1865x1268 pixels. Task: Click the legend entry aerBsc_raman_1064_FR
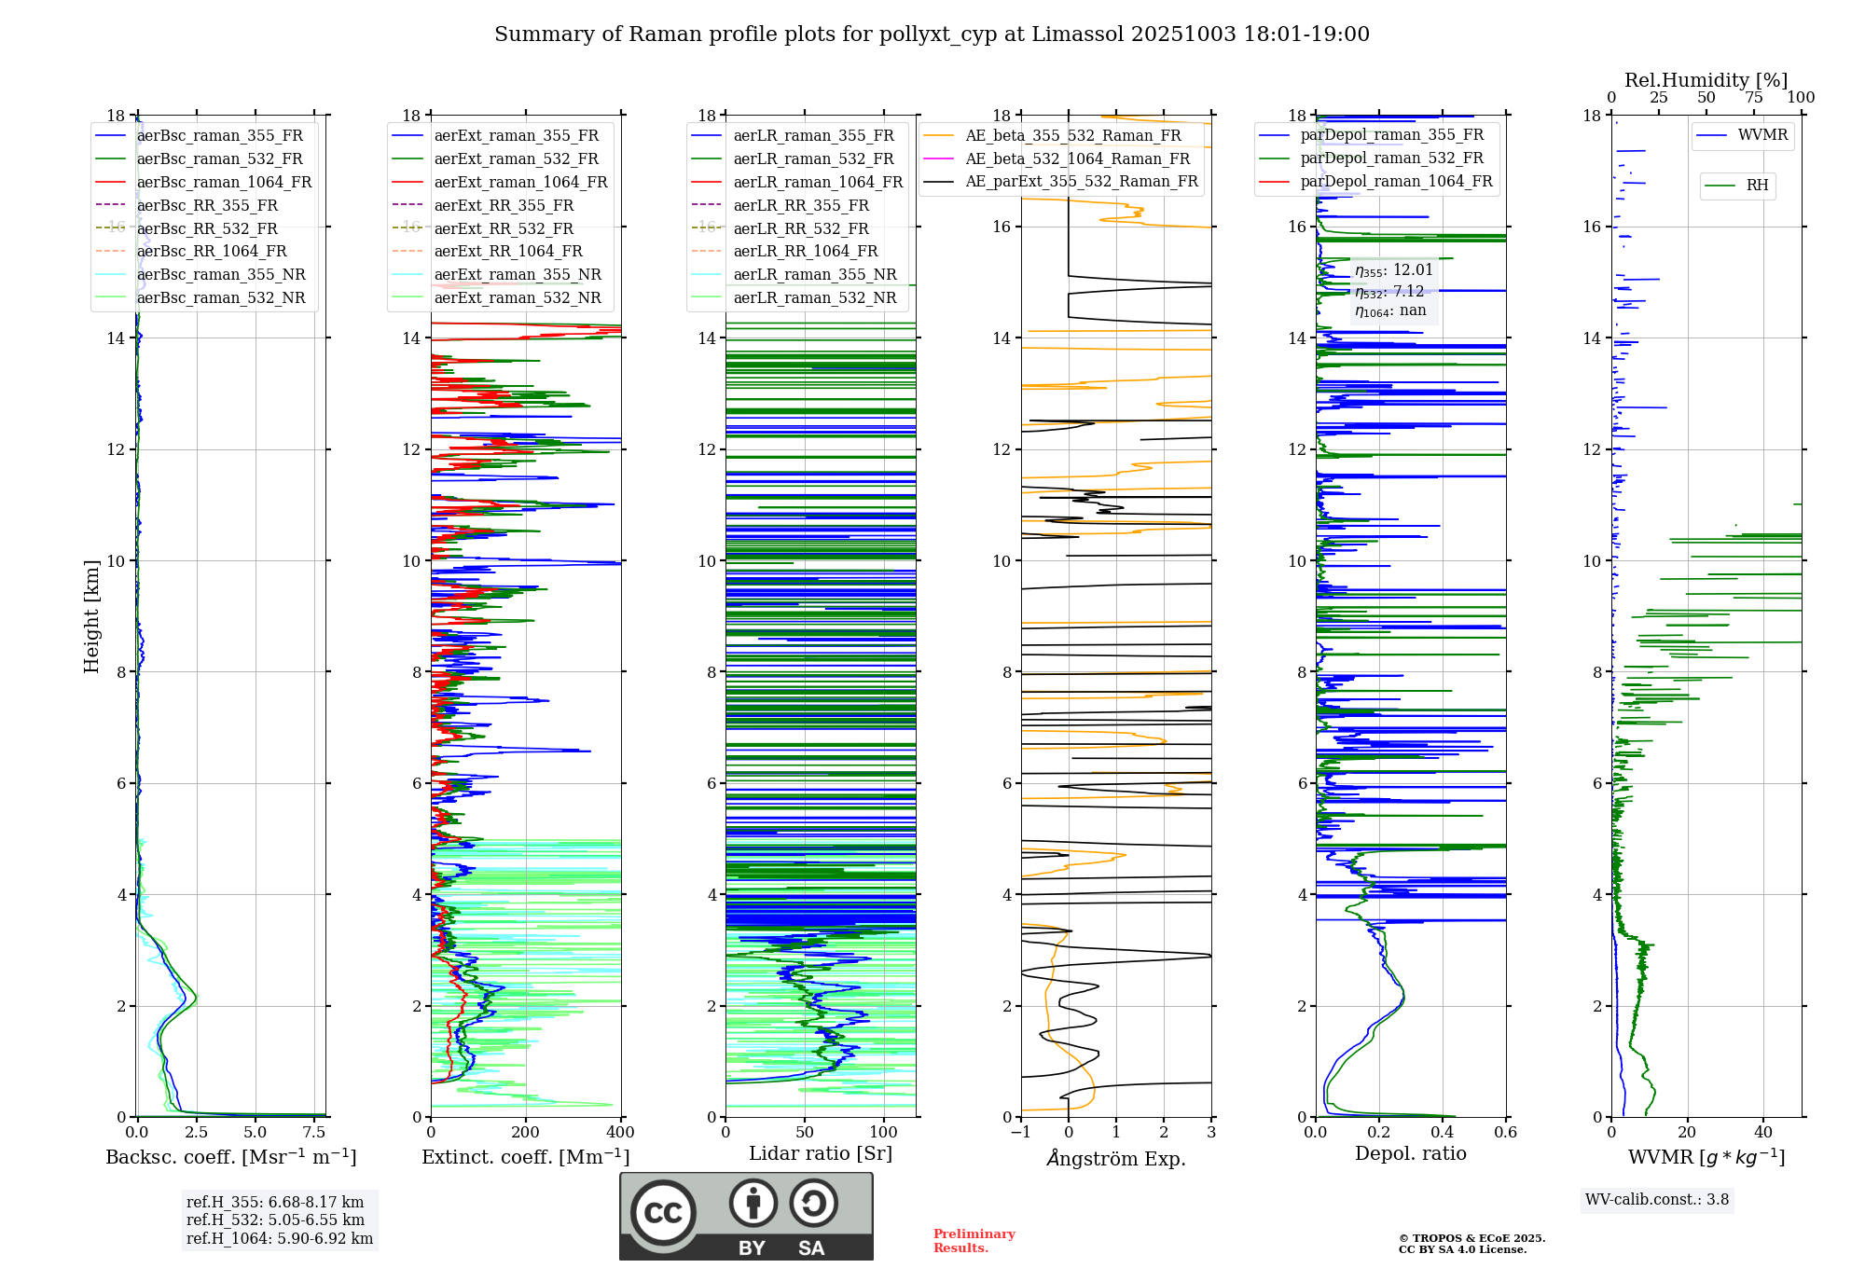tap(224, 183)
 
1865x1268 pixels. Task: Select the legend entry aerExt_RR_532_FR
tap(504, 228)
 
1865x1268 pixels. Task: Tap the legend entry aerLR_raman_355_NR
tap(814, 275)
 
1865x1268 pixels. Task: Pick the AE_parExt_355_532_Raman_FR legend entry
tap(1082, 182)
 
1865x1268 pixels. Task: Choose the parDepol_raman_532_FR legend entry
tap(1391, 158)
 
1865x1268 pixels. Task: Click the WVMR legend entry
tap(1762, 135)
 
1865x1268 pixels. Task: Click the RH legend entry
tap(1757, 186)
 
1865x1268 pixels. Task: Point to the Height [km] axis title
tap(91, 615)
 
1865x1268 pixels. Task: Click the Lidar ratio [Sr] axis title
tap(821, 1154)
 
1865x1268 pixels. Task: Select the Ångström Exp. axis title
tap(1116, 1159)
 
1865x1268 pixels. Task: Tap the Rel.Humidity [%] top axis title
tap(1706, 80)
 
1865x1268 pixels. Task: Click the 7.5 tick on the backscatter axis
tap(314, 1133)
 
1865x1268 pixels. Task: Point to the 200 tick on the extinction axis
tap(526, 1133)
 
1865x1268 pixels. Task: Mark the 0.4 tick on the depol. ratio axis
tap(1443, 1133)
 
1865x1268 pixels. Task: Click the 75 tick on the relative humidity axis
tap(1754, 98)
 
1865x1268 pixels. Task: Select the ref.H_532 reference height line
tap(275, 1220)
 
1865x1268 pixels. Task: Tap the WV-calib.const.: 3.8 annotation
tap(1657, 1200)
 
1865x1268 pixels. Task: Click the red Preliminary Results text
tap(974, 1241)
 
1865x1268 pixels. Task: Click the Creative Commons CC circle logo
tap(663, 1213)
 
